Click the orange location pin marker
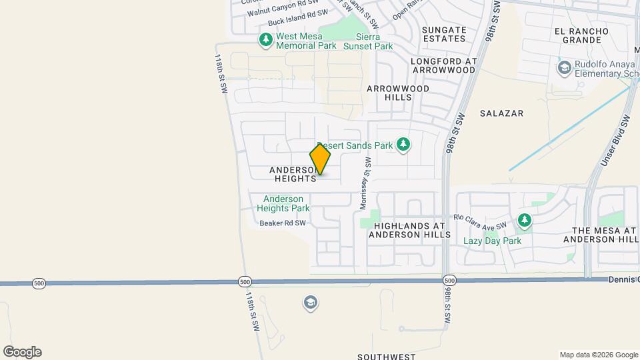point(321,160)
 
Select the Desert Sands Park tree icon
point(403,144)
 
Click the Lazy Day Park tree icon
point(525,219)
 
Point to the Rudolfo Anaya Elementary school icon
point(565,67)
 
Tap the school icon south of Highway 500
point(309,303)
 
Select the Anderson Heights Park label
point(283,203)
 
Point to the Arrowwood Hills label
point(398,93)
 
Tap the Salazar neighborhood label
point(501,114)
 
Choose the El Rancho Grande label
point(581,36)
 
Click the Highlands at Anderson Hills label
point(409,230)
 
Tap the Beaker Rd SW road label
point(283,223)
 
